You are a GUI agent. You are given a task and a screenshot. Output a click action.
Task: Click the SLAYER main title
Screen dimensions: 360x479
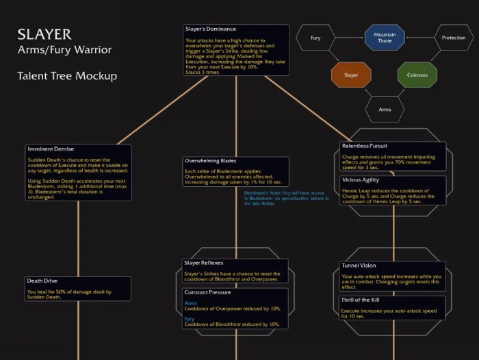point(44,34)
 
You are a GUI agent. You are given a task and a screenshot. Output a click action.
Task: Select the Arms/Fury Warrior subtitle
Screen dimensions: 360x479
point(64,50)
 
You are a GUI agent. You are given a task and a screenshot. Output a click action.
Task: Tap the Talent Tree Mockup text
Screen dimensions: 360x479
point(67,76)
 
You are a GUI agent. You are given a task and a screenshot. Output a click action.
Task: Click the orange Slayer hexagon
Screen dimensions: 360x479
point(350,73)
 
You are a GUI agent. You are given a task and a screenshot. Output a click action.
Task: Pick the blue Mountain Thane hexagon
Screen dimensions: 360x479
point(384,38)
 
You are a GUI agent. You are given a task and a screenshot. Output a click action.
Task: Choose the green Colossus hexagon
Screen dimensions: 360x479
point(417,73)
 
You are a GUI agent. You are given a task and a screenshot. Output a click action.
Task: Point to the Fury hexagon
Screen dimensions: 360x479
point(315,38)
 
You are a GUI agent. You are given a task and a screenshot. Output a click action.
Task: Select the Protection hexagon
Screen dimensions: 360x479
point(453,38)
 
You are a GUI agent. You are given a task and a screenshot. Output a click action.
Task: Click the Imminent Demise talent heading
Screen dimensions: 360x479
point(50,149)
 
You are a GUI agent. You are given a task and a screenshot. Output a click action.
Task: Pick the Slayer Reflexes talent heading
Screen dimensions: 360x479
point(204,263)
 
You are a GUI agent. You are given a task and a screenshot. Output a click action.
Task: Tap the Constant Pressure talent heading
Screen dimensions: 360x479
point(207,292)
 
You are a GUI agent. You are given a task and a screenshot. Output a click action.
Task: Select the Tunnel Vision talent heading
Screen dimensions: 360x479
point(359,266)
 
